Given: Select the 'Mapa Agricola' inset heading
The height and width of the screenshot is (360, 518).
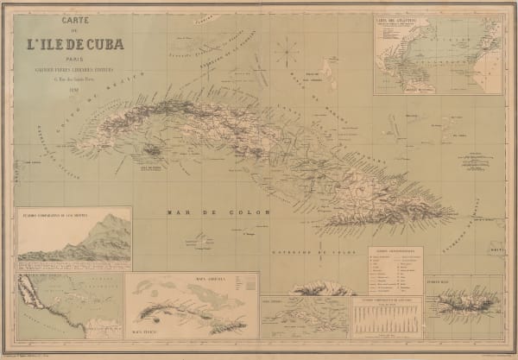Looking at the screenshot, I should pos(193,279).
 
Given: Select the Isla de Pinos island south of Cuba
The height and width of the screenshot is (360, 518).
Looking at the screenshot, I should pos(153,151).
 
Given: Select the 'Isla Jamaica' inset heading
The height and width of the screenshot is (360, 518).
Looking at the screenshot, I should pos(275,300).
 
